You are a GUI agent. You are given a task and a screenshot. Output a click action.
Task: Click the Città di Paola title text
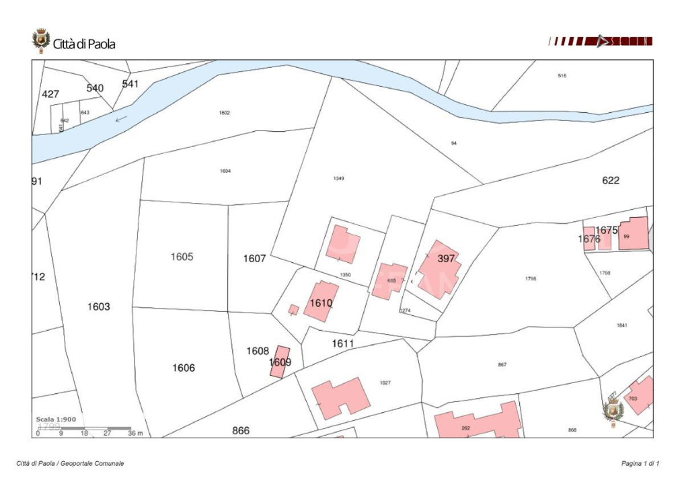[x=84, y=44]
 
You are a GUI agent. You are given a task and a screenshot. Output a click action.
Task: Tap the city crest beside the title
[x=41, y=40]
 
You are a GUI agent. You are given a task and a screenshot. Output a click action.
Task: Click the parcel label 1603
[x=98, y=307]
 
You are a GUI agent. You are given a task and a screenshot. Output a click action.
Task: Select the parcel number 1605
[x=182, y=257]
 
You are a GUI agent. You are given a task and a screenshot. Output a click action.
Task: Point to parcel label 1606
[x=184, y=368]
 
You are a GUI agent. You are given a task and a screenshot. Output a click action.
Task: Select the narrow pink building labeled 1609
[x=280, y=362]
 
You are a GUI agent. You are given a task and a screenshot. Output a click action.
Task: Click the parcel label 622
[x=611, y=180]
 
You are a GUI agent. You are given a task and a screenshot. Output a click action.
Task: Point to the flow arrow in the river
[x=122, y=120]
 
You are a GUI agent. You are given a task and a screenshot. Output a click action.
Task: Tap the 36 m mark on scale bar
[x=135, y=434]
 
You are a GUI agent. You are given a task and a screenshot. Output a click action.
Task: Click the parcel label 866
[x=241, y=430]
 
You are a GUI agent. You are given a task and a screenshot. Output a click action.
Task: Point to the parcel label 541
[x=130, y=84]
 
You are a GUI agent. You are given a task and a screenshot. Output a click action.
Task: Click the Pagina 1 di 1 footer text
[x=640, y=464]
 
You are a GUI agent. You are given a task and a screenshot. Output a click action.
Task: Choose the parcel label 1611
[x=342, y=344]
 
